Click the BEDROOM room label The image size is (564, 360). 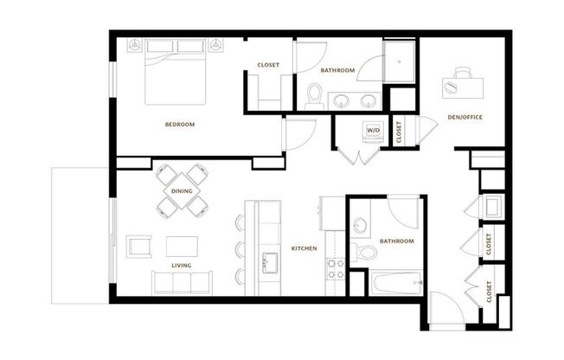[180, 125]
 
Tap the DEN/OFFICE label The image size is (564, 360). [465, 117]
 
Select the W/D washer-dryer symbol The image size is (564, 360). [373, 130]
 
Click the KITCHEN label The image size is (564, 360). [304, 248]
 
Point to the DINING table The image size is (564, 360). [182, 190]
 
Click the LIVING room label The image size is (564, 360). [182, 266]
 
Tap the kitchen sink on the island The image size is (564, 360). [270, 263]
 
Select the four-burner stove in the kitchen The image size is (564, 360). [336, 269]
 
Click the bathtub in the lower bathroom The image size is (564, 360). [396, 283]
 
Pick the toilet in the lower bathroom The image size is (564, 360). [364, 252]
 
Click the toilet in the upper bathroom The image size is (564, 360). [315, 96]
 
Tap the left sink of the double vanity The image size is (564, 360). [340, 100]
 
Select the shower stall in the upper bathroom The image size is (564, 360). [400, 62]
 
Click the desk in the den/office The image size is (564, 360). [463, 87]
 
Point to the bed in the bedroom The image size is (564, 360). [176, 71]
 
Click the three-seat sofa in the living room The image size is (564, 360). [182, 282]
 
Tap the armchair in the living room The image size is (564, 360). [139, 247]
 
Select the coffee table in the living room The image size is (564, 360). [182, 247]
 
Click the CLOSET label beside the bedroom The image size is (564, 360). [268, 65]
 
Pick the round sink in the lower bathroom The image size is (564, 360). [359, 226]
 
